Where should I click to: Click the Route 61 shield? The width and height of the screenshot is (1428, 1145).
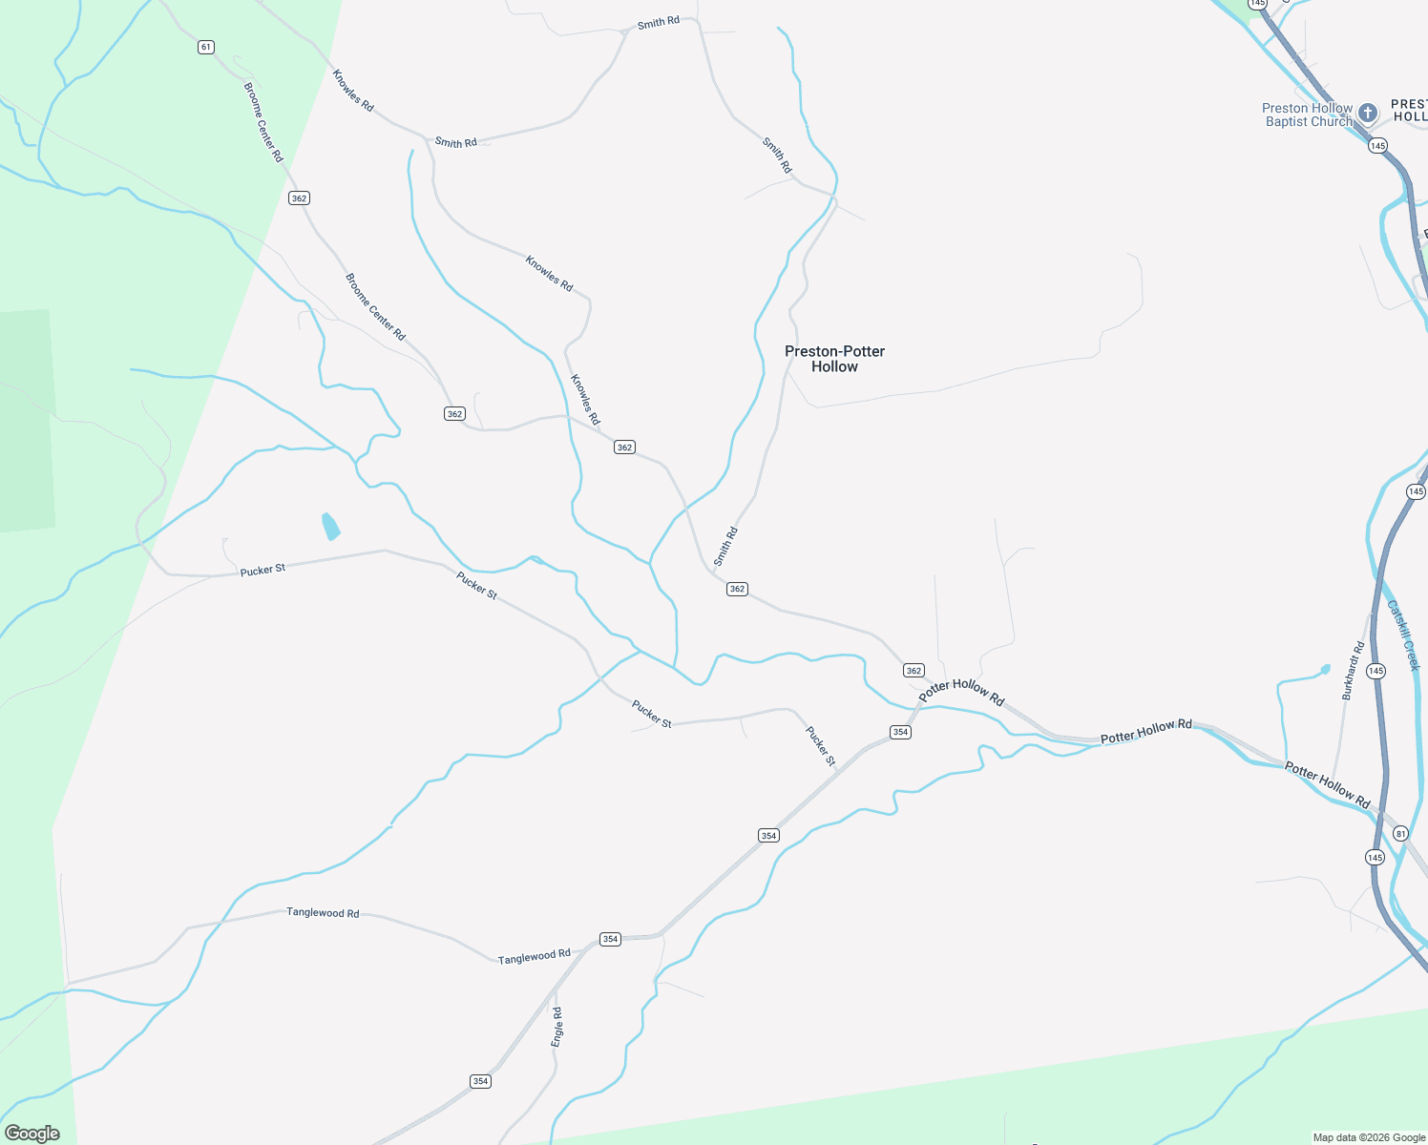pos(206,47)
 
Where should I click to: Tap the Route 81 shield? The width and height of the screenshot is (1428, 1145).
pos(1400,833)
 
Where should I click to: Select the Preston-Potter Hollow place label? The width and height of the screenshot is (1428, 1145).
pos(834,359)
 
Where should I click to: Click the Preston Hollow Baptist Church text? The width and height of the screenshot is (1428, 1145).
pos(1307,114)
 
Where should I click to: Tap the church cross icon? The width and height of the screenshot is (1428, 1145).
pos(1368,114)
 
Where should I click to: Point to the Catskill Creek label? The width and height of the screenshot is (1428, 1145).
pos(1403,635)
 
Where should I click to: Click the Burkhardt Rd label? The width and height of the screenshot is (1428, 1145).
pos(1353,671)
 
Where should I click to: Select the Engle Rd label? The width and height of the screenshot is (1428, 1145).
pos(557,1028)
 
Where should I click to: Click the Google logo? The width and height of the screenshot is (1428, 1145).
pos(32,1133)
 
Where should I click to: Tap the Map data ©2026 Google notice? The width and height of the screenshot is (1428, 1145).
pos(1369,1137)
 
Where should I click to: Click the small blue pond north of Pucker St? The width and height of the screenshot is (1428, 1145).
pos(330,526)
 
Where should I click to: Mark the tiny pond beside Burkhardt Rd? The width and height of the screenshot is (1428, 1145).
pos(1324,670)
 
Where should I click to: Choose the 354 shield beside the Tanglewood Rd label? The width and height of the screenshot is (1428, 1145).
pos(611,939)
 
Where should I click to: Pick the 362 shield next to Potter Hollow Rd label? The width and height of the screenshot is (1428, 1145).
pos(913,671)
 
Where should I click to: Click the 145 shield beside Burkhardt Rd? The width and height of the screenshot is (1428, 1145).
pos(1375,671)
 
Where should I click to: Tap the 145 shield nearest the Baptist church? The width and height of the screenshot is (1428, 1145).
pos(1376,146)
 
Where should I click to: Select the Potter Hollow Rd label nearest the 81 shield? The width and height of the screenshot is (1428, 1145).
pos(1327,785)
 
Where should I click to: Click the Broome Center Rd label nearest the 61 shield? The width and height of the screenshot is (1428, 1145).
pos(263,122)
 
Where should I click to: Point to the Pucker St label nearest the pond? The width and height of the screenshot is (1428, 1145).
pos(262,570)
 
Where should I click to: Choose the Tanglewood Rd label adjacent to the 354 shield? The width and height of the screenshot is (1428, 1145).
pos(534,956)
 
